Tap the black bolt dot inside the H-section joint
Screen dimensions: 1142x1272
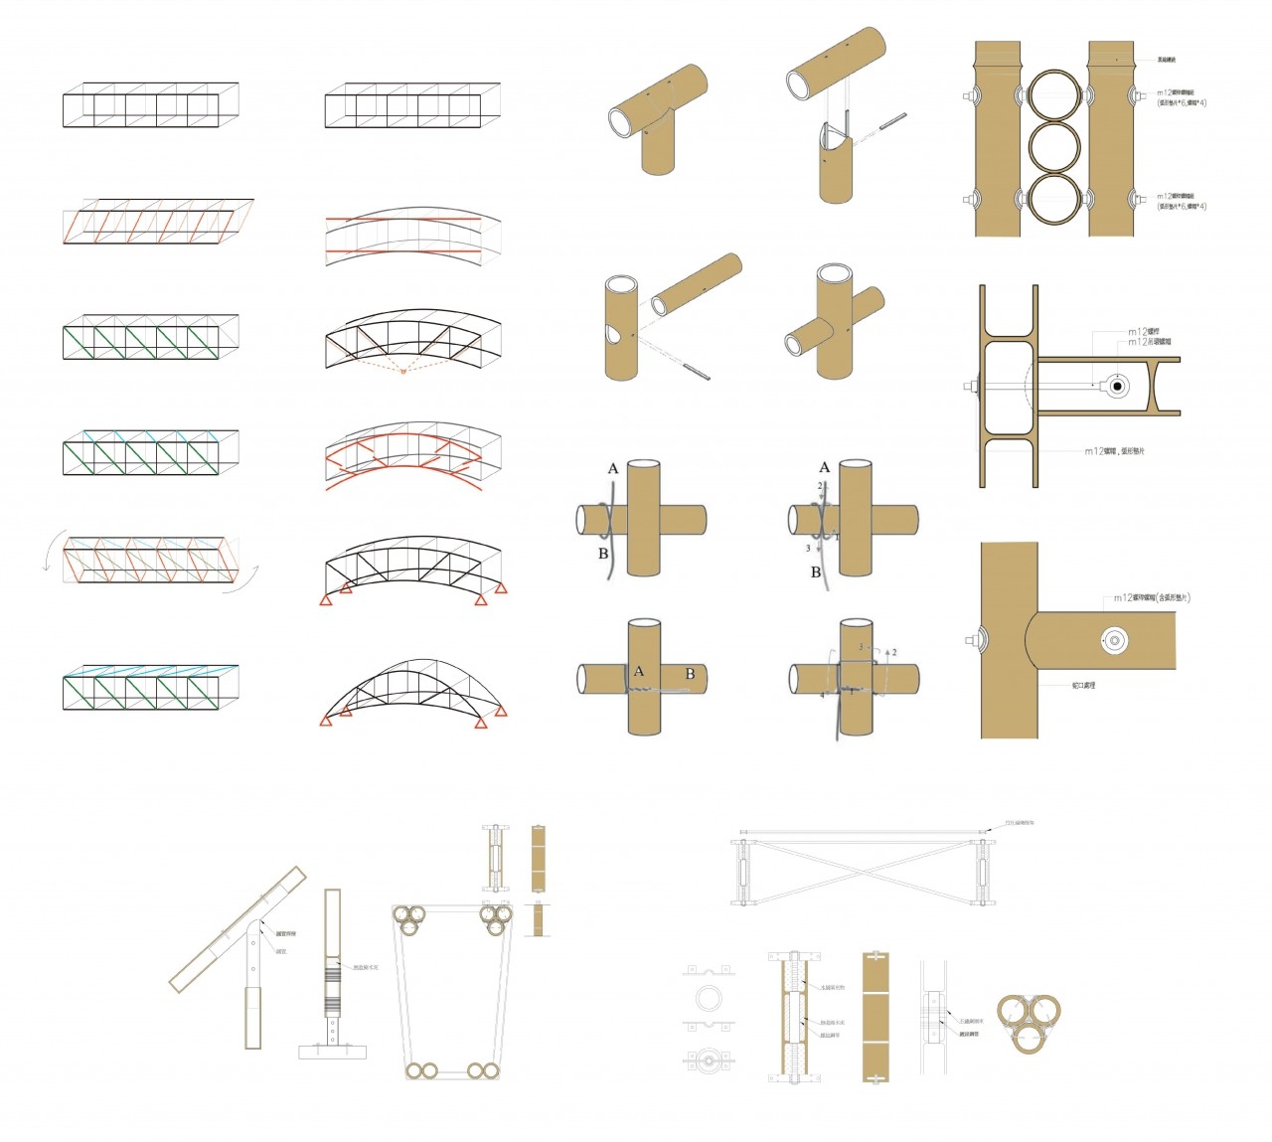[x=1117, y=386]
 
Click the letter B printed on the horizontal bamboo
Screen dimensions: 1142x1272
[x=690, y=674]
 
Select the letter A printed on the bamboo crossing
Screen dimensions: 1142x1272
[x=639, y=671]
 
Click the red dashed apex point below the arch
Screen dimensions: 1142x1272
[x=402, y=370]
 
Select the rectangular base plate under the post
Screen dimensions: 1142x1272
[x=334, y=1051]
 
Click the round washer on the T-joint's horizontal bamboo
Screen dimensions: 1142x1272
[x=1114, y=640]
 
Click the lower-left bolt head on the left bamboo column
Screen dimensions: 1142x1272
[x=968, y=200]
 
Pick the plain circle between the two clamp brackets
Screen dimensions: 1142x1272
[x=708, y=997]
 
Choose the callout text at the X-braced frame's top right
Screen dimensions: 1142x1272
[x=1019, y=823]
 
